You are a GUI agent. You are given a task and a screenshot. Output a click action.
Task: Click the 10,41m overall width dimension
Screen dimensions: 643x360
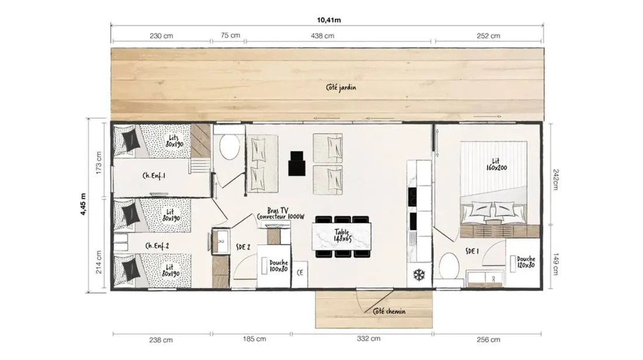click(329, 20)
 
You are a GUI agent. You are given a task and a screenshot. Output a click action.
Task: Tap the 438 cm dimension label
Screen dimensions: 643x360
click(322, 36)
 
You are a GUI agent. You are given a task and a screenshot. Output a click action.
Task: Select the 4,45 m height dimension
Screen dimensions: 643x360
click(84, 204)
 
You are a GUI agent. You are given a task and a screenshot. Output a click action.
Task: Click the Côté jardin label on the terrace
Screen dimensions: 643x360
click(341, 87)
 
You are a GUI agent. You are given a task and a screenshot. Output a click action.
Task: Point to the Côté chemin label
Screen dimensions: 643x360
click(389, 311)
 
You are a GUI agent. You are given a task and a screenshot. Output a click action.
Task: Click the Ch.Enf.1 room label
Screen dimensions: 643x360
click(154, 175)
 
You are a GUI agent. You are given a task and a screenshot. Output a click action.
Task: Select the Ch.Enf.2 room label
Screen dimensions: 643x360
click(157, 246)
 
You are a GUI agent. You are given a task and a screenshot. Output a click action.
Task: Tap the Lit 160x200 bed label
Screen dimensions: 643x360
click(496, 164)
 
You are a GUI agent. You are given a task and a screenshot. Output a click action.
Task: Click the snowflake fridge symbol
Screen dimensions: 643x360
click(419, 275)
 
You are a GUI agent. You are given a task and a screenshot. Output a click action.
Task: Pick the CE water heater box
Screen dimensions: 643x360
click(300, 273)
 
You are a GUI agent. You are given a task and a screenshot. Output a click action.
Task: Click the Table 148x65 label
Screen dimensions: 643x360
click(341, 236)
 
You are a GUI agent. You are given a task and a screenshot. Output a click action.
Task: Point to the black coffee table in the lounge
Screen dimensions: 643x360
click(296, 163)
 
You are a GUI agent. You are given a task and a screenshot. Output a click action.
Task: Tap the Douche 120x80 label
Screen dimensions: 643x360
click(526, 262)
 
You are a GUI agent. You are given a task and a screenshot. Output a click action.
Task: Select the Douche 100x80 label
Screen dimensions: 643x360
click(278, 266)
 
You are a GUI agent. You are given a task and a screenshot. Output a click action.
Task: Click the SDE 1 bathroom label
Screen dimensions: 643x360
click(472, 251)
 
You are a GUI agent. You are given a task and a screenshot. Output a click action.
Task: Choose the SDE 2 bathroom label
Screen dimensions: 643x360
click(243, 247)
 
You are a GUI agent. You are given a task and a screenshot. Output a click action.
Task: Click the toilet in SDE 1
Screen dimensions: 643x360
click(448, 266)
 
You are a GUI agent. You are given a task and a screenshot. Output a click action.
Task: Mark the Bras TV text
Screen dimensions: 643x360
click(278, 210)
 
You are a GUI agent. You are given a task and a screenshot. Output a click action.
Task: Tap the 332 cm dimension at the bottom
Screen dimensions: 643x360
click(368, 339)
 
